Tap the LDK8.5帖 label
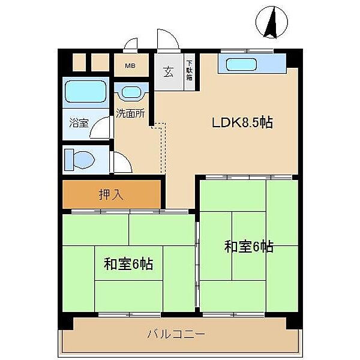click(x=242, y=123)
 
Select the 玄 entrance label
click(x=168, y=72)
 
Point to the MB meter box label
click(x=130, y=66)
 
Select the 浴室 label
click(x=78, y=124)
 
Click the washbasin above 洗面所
click(x=131, y=93)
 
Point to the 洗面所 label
click(x=130, y=112)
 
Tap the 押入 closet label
click(x=112, y=194)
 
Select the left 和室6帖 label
click(x=128, y=263)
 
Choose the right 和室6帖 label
click(x=249, y=246)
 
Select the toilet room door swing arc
click(x=122, y=163)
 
